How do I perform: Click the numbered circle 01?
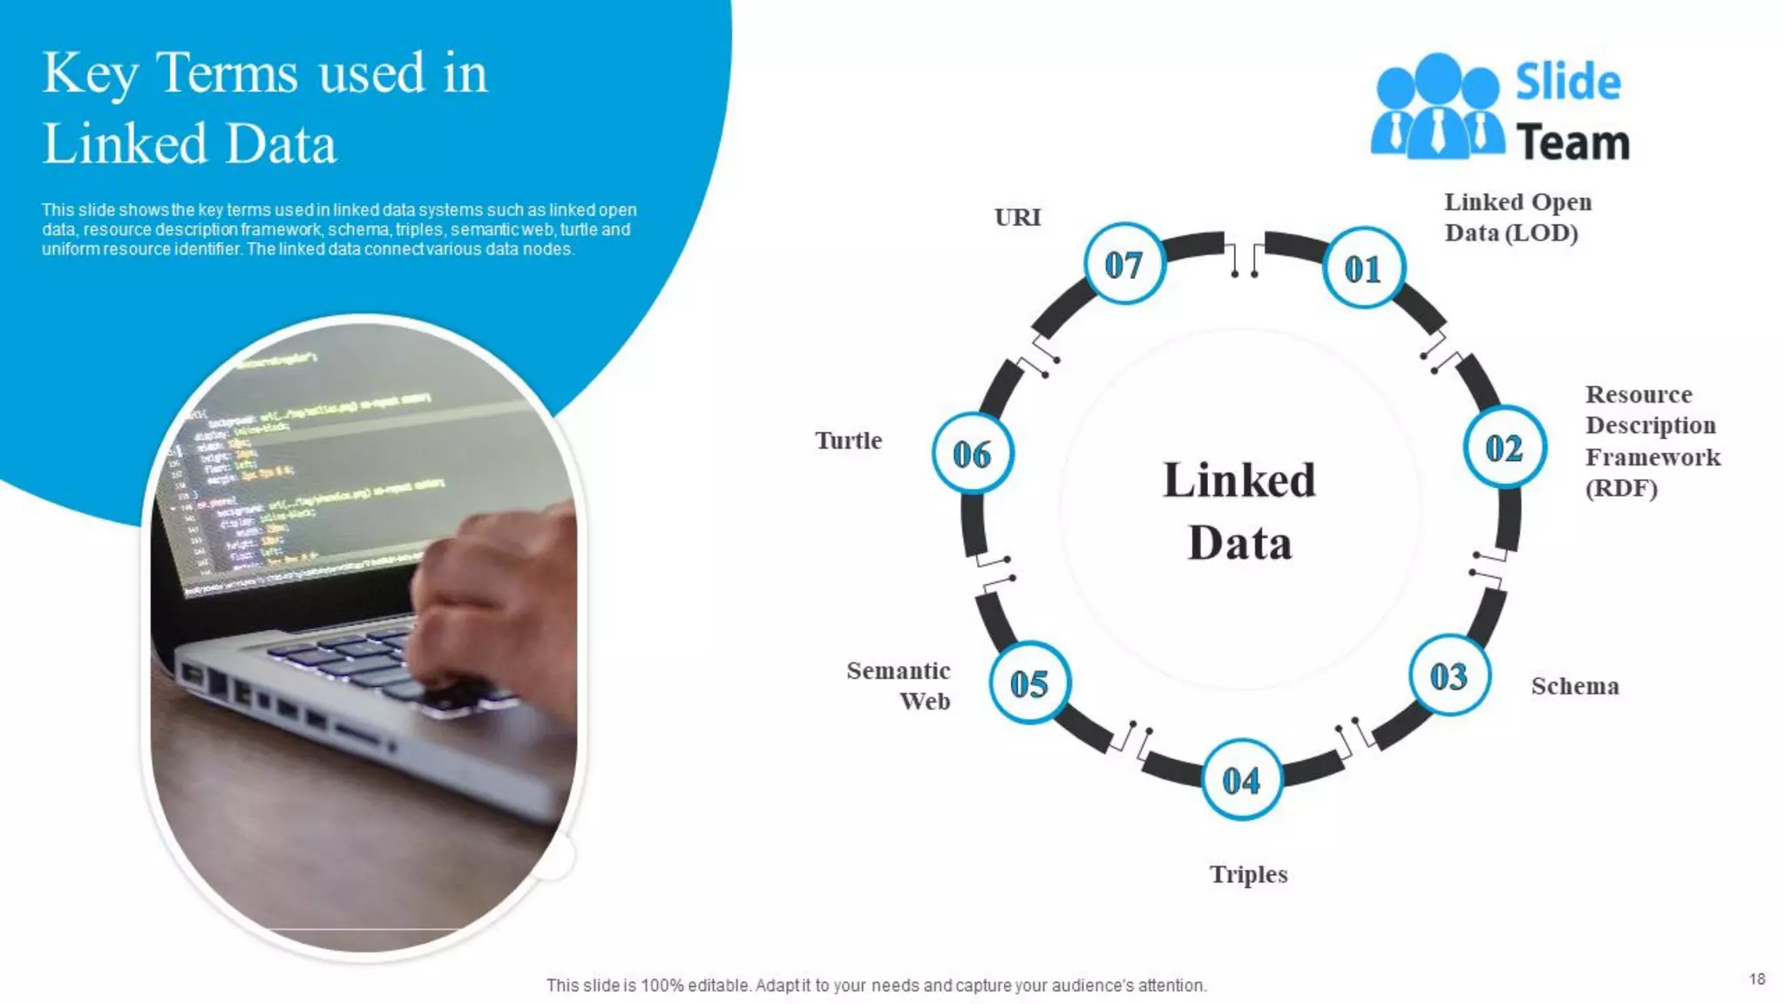click(x=1363, y=268)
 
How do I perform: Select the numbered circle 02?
click(x=1504, y=448)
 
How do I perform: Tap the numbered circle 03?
click(x=1449, y=676)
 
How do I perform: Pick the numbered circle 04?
click(x=1241, y=780)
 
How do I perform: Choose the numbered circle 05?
click(x=1029, y=683)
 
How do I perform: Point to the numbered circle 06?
click(x=972, y=453)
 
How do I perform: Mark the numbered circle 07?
click(x=1123, y=264)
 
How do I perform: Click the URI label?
click(x=1017, y=217)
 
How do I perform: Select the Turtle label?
click(x=848, y=440)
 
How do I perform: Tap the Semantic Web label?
click(x=899, y=685)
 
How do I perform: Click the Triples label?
click(x=1248, y=873)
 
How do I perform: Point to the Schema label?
click(x=1575, y=686)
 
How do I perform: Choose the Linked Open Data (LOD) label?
click(x=1517, y=217)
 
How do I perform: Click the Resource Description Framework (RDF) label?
click(x=1652, y=440)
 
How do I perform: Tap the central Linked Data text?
click(x=1239, y=512)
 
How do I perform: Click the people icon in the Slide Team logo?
click(x=1436, y=106)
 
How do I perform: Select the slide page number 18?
click(x=1756, y=979)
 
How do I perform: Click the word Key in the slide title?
click(x=90, y=74)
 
